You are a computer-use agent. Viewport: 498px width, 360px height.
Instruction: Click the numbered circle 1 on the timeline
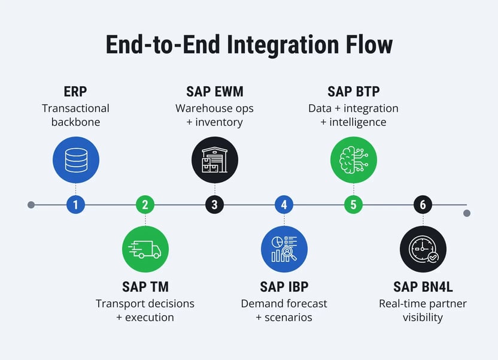[x=75, y=205]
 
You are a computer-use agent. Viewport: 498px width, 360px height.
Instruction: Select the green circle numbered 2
[x=145, y=205]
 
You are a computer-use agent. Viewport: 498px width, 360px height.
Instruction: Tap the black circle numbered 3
[x=214, y=205]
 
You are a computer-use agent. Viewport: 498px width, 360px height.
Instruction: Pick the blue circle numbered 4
[x=284, y=205]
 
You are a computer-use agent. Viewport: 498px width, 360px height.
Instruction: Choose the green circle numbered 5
[x=353, y=205]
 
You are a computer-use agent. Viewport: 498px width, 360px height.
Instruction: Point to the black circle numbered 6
[x=423, y=205]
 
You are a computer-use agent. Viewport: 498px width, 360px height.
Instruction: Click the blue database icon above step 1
[x=75, y=159]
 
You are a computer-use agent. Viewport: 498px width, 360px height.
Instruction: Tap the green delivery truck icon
[x=145, y=249]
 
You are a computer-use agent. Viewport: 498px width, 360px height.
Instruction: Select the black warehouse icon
[x=214, y=159]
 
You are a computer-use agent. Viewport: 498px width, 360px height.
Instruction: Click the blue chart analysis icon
[x=284, y=249]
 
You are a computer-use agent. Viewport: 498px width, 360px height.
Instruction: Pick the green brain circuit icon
[x=353, y=159]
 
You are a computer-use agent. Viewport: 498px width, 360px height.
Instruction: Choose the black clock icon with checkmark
[x=423, y=249]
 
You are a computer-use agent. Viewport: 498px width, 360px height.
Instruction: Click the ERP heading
[x=75, y=92]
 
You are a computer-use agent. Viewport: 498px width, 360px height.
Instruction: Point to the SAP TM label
[x=145, y=287]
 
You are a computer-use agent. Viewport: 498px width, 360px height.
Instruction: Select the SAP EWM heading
[x=214, y=92]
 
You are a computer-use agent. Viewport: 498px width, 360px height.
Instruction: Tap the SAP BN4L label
[x=423, y=287]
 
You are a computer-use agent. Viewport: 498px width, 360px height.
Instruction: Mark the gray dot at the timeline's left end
[x=31, y=205]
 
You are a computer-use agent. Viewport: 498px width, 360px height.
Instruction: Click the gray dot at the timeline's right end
[x=467, y=213]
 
